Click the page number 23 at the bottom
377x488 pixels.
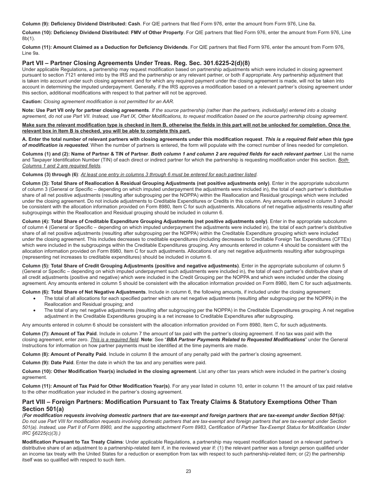click(188, 471)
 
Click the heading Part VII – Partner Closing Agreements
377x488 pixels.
click(136, 63)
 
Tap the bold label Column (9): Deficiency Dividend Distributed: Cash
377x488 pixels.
click(81, 24)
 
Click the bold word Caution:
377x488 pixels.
click(32, 102)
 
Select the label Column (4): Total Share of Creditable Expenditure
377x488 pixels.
click(144, 221)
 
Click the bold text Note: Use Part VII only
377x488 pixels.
click(85, 110)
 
